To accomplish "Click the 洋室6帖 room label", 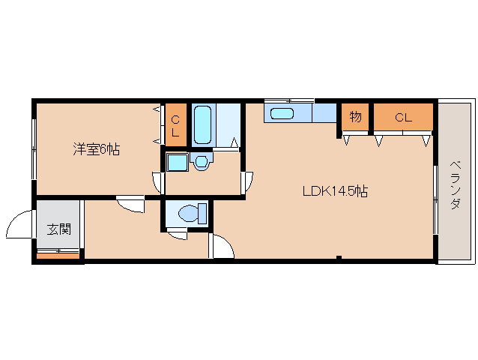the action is point(97,149).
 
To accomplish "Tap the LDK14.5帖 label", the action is point(336,191).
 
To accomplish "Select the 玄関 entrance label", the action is point(59,229).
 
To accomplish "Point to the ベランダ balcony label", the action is point(455,185).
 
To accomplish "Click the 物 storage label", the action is point(355,116).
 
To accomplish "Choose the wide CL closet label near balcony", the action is point(403,118).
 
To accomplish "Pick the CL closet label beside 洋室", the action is point(175,126).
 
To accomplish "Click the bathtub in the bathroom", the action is point(203,124).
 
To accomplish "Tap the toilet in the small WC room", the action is point(193,213).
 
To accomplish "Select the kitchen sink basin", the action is point(282,114).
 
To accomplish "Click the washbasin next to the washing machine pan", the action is point(202,161).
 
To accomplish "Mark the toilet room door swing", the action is point(178,235).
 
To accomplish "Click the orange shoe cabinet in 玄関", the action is point(58,256).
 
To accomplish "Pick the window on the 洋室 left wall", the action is point(34,149).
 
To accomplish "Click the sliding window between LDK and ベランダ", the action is point(435,199).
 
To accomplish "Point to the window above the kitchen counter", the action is point(289,100).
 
